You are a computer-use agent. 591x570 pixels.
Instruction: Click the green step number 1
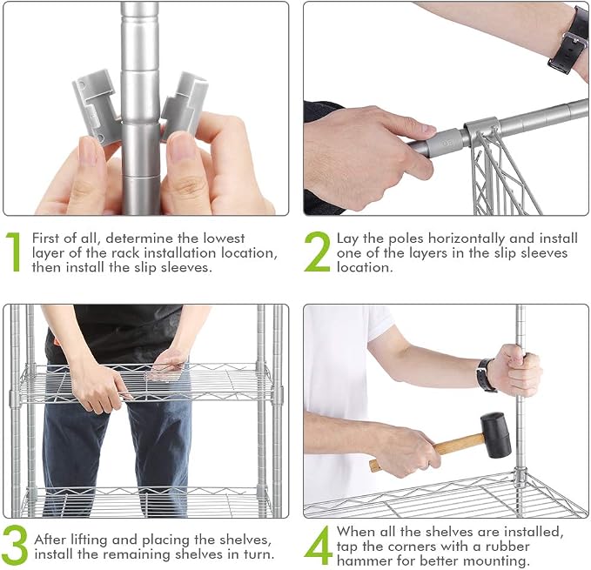[x=14, y=251]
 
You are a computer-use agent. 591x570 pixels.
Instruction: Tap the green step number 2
[x=317, y=251]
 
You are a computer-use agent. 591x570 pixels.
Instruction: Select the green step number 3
[x=15, y=545]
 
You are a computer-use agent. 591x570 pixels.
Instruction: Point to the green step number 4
[x=318, y=545]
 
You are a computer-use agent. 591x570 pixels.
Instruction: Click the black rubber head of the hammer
[x=495, y=434]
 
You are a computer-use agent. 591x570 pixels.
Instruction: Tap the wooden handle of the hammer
[x=426, y=452]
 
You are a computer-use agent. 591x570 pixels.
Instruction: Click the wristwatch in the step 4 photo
[x=486, y=375]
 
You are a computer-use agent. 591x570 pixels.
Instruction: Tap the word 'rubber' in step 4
[x=507, y=547]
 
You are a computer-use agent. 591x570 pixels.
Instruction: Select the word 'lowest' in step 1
[x=224, y=238]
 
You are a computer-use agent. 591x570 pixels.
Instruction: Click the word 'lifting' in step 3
[x=90, y=540]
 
